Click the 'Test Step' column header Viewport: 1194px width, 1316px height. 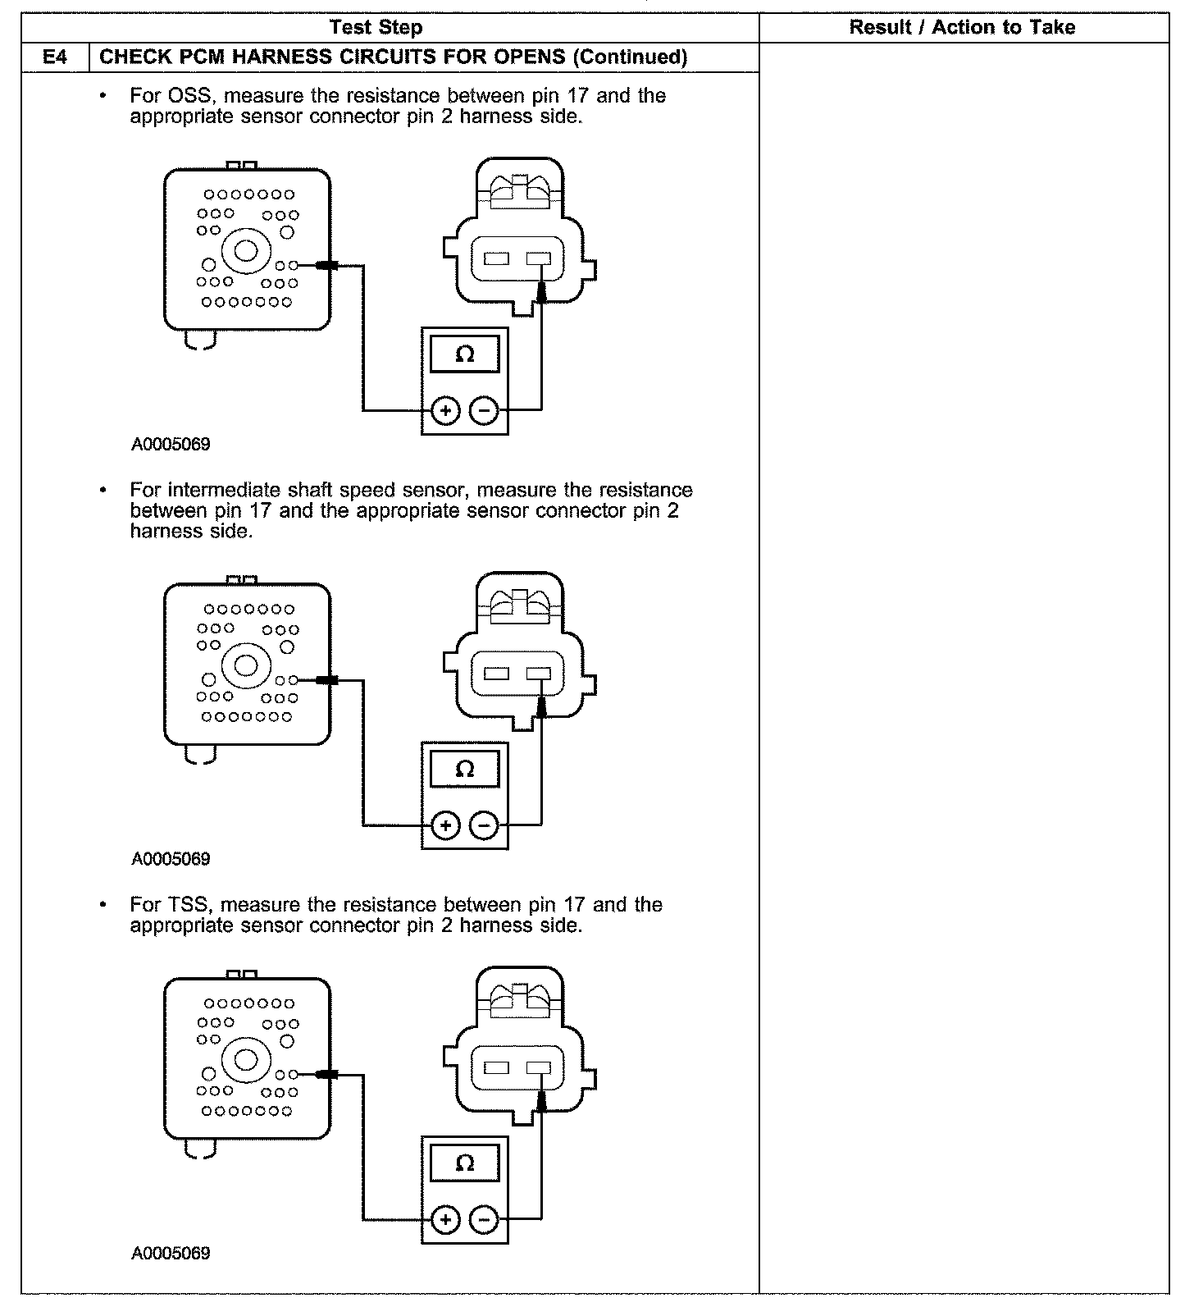pos(376,28)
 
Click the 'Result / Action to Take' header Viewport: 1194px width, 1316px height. pos(961,28)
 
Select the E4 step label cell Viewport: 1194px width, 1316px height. pos(55,57)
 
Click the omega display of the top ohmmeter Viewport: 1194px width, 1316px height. pos(464,354)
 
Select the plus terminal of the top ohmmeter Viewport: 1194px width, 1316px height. pos(445,410)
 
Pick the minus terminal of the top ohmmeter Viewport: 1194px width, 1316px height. pos(485,410)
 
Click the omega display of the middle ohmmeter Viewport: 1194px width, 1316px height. pos(464,769)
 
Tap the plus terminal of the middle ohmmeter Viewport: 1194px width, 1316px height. pos(445,825)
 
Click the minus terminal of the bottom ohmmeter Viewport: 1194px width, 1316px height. pos(485,1220)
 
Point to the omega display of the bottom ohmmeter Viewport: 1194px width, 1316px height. pos(464,1163)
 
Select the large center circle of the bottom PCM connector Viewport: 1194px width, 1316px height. pos(246,1058)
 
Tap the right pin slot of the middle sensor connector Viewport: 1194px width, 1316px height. pos(539,674)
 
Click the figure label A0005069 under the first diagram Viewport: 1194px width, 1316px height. pos(171,445)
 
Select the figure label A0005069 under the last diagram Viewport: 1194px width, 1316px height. pos(171,1254)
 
